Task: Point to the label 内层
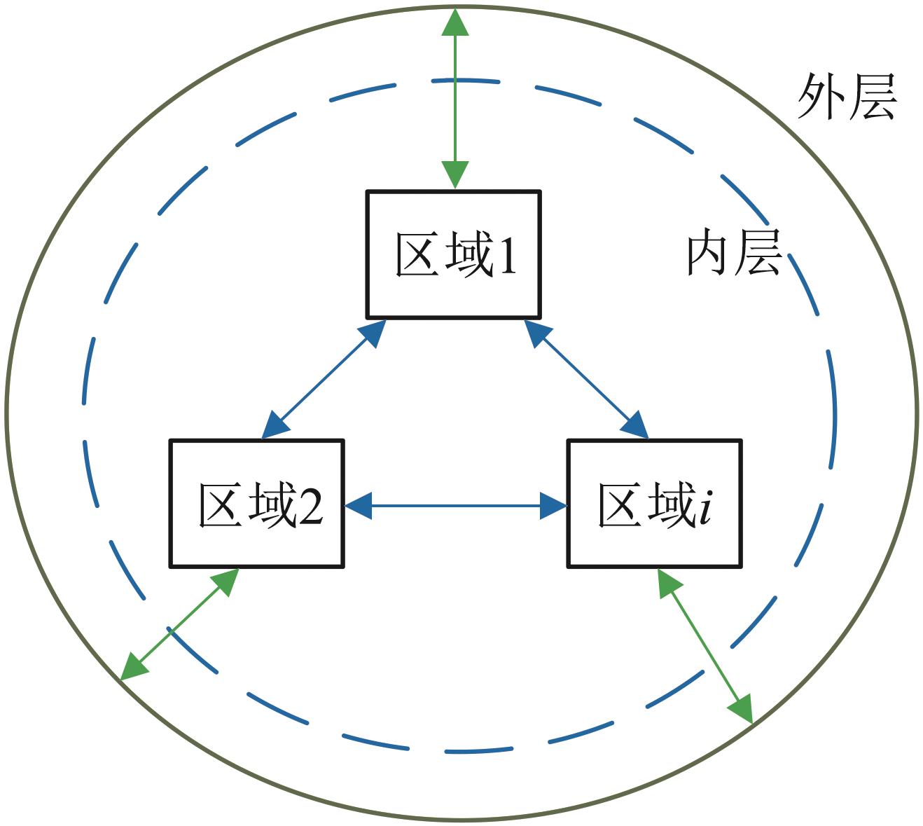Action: (733, 253)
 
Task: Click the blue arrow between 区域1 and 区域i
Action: (587, 379)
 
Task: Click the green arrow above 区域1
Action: (455, 98)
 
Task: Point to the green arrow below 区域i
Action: (705, 645)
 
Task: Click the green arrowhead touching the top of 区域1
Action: (455, 174)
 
